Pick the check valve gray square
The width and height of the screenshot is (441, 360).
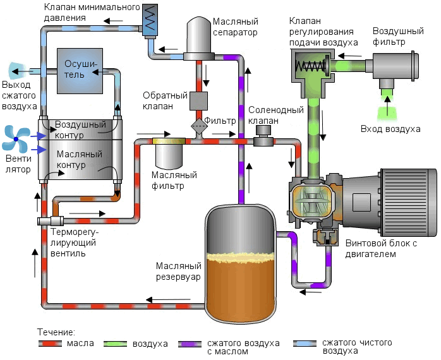[x=199, y=100]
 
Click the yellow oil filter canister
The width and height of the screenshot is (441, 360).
[x=169, y=152]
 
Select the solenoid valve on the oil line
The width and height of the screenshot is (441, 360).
[x=263, y=137]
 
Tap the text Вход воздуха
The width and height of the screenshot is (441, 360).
[x=390, y=129]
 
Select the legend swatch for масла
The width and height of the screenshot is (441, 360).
[x=49, y=344]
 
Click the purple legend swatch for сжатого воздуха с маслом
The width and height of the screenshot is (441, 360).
[x=190, y=344]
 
